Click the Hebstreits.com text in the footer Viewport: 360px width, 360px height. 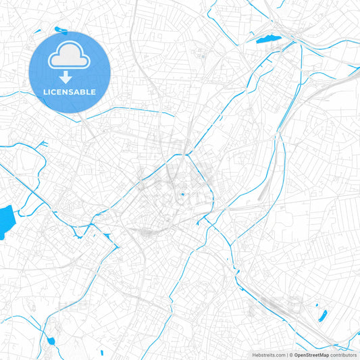(267, 355)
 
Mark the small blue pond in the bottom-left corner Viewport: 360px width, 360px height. (49, 340)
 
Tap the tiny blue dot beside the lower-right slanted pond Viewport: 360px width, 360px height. (315, 310)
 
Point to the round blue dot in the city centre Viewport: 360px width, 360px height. (181, 197)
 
